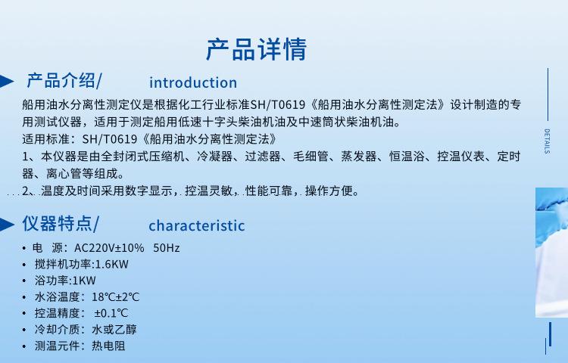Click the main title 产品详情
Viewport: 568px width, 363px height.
[257, 49]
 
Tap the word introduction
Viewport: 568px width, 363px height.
[193, 82]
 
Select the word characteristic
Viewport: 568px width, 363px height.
[197, 225]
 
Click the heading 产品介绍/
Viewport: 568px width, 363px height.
[64, 80]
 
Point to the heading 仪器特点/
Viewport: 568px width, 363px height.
[61, 223]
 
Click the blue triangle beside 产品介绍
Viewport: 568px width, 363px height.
[7, 81]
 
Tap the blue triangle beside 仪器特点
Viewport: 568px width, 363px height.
[7, 224]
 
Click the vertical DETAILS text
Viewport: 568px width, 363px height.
[547, 141]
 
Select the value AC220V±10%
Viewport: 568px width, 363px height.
[109, 247]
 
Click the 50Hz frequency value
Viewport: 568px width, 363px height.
[167, 247]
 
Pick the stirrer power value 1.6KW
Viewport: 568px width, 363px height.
[112, 264]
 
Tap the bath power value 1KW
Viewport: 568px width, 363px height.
[84, 281]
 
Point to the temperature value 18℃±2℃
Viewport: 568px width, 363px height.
[116, 297]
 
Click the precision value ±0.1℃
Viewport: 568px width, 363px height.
[111, 313]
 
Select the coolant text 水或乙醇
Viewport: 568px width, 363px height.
[114, 330]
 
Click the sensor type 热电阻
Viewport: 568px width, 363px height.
[108, 346]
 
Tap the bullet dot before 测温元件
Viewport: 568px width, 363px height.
[24, 346]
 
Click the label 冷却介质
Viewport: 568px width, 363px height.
[57, 330]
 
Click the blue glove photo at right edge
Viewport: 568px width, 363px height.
[551, 253]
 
